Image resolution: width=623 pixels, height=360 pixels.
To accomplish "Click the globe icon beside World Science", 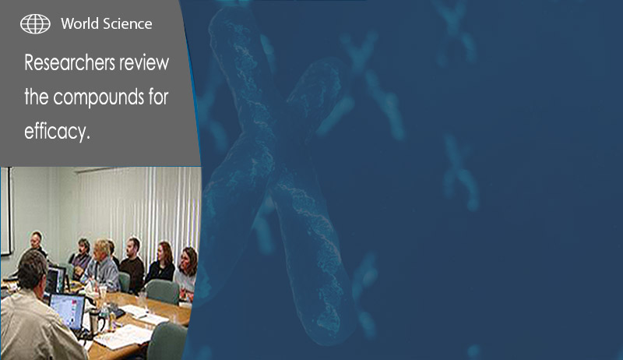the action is point(35,24).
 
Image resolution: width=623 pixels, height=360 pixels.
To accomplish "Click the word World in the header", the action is point(80,24).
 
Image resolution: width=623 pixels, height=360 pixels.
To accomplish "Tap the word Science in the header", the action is point(127,24).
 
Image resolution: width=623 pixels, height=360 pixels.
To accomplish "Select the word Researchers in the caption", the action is point(70,63).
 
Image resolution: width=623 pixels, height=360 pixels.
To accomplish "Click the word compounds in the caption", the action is point(99,97).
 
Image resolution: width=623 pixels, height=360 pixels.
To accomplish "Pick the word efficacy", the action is point(57,131).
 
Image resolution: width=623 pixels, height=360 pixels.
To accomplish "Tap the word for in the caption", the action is point(159,97).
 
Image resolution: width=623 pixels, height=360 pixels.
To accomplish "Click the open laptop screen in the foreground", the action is point(67,311).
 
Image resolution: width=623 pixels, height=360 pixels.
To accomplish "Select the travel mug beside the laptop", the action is point(93,322).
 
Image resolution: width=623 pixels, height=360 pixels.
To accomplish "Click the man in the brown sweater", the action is point(132,265).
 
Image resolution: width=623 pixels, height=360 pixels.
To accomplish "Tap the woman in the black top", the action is point(161,263).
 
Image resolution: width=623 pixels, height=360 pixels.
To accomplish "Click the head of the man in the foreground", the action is point(33,269).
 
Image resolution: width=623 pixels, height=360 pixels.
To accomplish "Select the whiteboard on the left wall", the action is point(6,210).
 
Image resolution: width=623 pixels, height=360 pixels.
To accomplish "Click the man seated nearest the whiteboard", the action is point(37,245).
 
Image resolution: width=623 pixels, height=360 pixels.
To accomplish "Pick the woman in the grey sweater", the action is point(186,270).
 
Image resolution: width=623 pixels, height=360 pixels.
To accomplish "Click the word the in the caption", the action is point(37,97).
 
